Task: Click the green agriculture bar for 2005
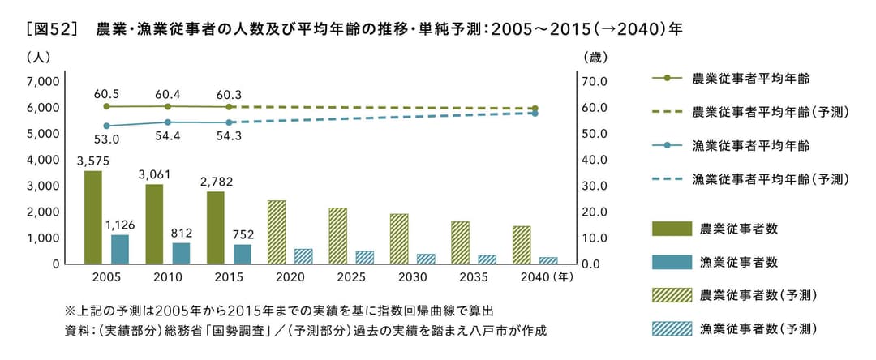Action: tap(93, 217)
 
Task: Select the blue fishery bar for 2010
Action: tap(181, 253)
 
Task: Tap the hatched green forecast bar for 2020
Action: tap(277, 232)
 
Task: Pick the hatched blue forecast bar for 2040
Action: tap(549, 260)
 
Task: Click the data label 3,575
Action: tap(93, 161)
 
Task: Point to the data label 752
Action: tap(243, 234)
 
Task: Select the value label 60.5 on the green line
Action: tap(106, 94)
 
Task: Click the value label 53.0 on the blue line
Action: tap(106, 139)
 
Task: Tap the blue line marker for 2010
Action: tap(168, 122)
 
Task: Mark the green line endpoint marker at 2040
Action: tap(535, 109)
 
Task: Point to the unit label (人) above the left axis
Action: tap(39, 58)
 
